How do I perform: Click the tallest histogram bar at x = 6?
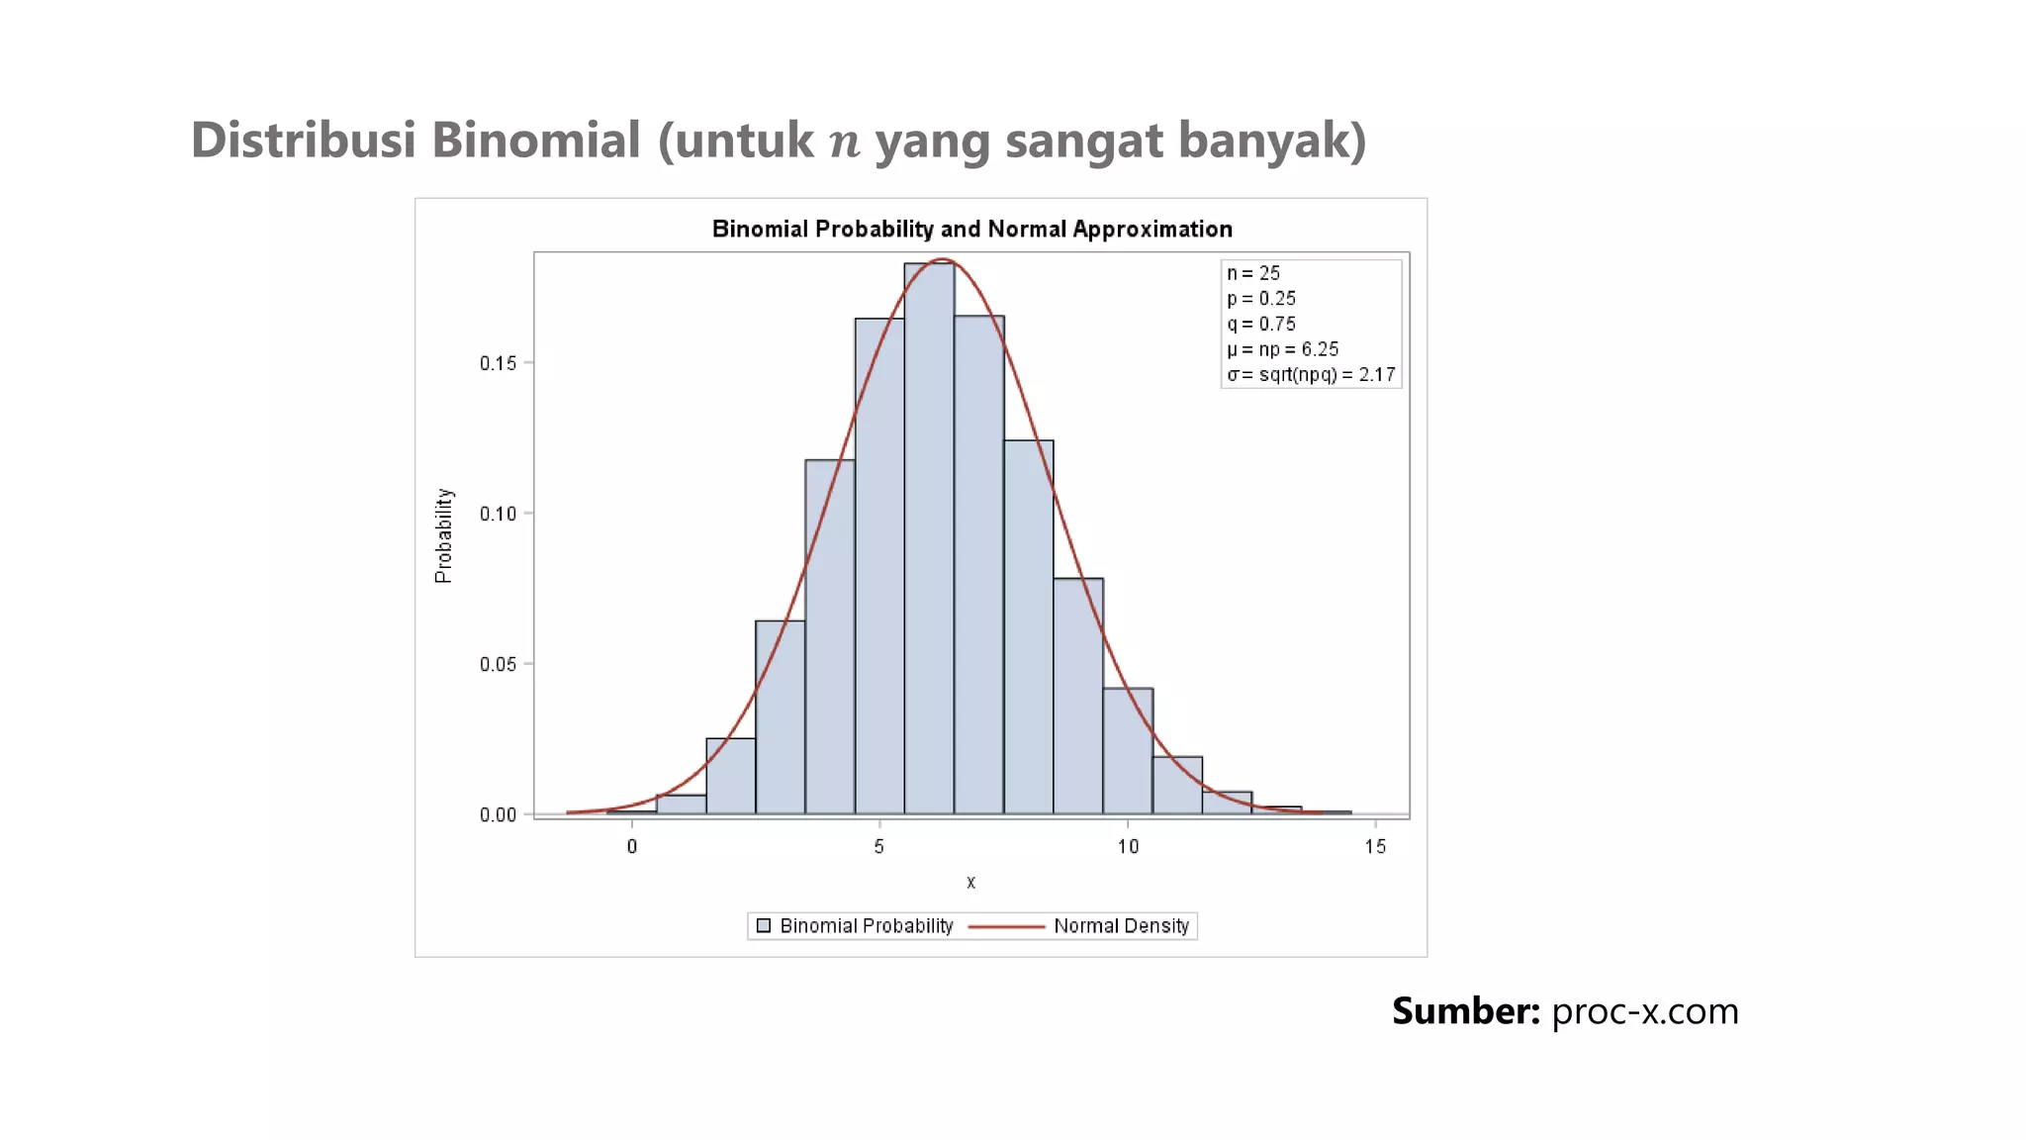(x=929, y=539)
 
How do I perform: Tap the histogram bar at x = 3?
(x=780, y=716)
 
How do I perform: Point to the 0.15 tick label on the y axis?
(x=499, y=363)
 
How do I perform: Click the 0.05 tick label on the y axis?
(x=499, y=664)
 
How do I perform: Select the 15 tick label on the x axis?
(x=1375, y=846)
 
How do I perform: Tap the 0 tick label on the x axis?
(x=632, y=846)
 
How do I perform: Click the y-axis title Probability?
(x=443, y=535)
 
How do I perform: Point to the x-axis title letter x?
(x=970, y=882)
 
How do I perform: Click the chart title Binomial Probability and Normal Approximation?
(x=971, y=230)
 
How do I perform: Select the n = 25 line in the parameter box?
(x=1253, y=273)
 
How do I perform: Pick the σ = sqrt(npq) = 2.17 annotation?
(x=1311, y=375)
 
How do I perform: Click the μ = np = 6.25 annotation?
(x=1283, y=349)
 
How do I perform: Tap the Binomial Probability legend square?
(x=764, y=926)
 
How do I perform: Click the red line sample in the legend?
(x=1006, y=926)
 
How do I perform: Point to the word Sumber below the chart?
(x=1465, y=1011)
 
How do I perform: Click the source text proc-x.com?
(x=1644, y=1011)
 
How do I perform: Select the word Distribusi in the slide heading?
(x=303, y=140)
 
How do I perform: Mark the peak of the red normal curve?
(x=943, y=259)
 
